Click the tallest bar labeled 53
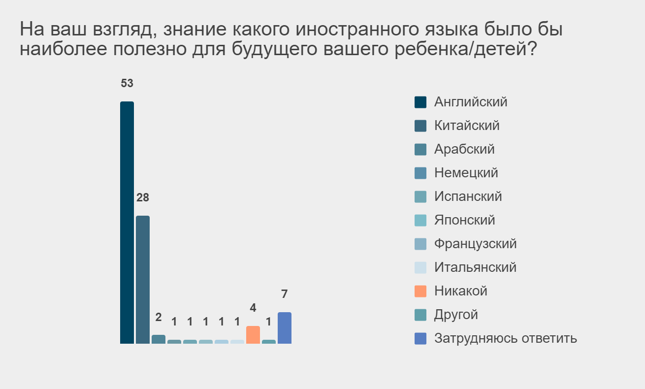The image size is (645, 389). click(127, 222)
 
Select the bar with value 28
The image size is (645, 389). click(143, 280)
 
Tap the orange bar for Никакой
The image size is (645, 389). click(253, 334)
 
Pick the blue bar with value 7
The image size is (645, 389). click(285, 327)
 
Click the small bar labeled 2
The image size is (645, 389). click(159, 339)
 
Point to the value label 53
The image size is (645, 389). click(127, 83)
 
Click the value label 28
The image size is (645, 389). click(143, 197)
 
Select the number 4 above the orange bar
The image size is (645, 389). click(253, 308)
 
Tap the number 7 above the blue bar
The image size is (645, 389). click(285, 294)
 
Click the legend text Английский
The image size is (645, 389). click(471, 102)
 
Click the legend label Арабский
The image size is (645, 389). click(464, 149)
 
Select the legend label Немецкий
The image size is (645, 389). click(466, 173)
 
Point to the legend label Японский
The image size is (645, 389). click(465, 220)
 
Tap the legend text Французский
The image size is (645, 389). click(476, 244)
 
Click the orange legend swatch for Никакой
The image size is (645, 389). click(420, 291)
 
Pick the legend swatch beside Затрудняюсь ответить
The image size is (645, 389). click(420, 338)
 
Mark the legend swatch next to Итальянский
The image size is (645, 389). click(420, 267)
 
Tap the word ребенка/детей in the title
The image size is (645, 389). click(466, 49)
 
